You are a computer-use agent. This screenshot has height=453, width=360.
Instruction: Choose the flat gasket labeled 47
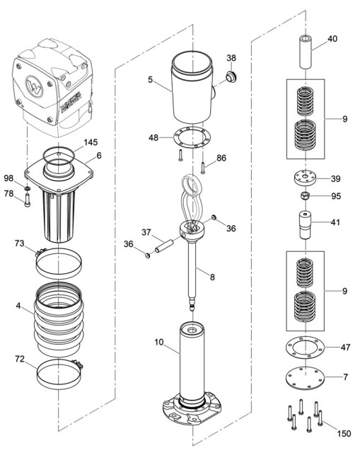pyautogui.click(x=303, y=348)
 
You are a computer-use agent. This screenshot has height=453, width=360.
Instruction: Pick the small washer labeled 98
pyautogui.click(x=27, y=188)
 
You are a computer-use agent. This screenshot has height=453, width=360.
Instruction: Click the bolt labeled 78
pyautogui.click(x=28, y=205)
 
